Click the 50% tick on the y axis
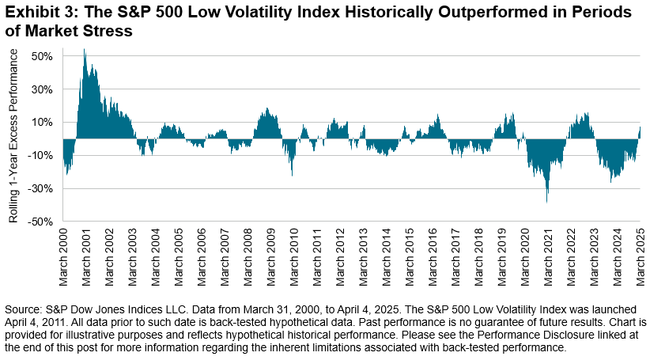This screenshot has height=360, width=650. [41, 56]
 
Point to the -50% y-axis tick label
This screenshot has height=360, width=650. [40, 222]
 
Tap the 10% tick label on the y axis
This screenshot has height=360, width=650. [41, 123]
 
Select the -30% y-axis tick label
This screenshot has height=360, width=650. [40, 188]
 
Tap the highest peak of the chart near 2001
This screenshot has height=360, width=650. [85, 50]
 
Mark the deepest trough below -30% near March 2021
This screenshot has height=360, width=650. [547, 202]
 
